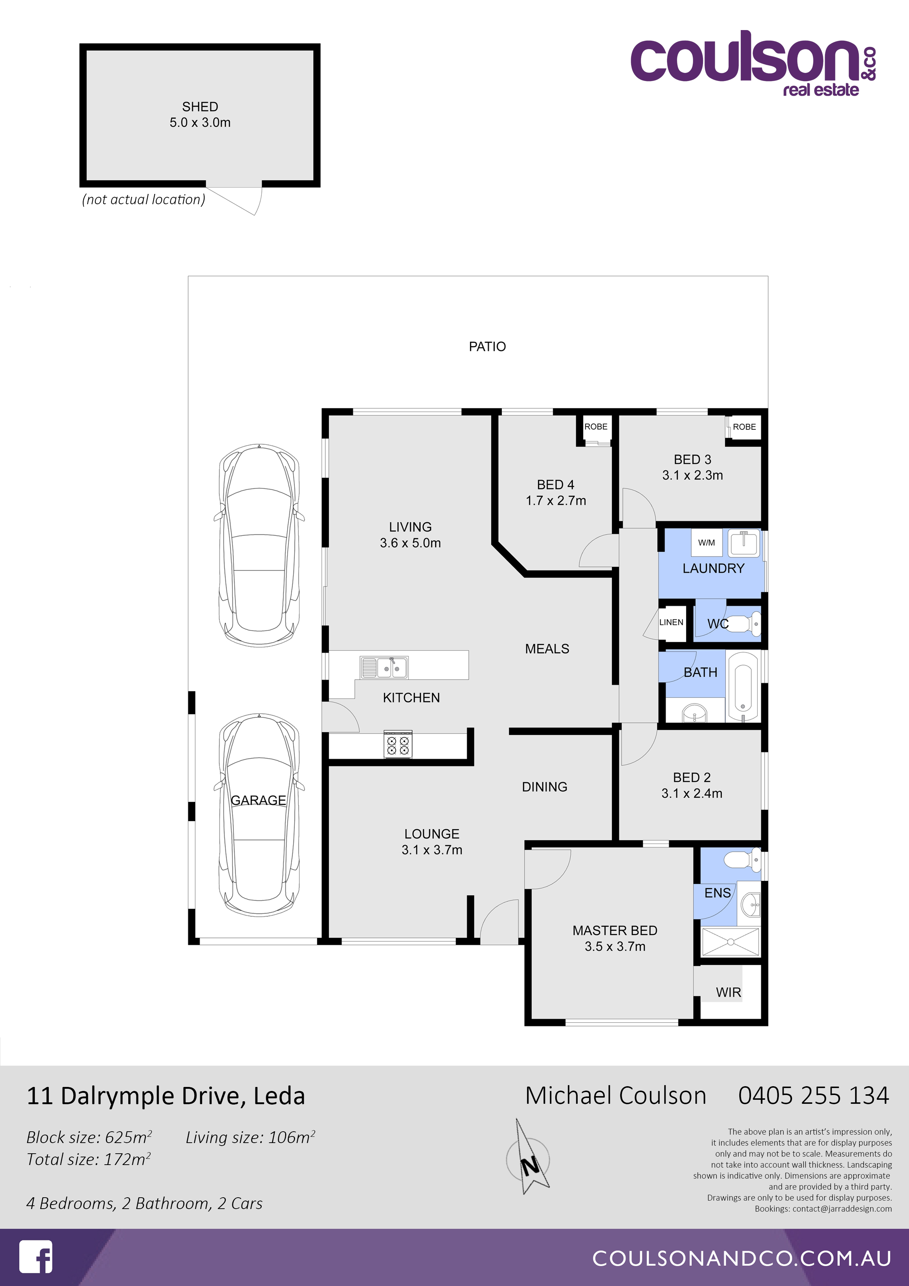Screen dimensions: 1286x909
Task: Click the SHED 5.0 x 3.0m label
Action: (x=200, y=114)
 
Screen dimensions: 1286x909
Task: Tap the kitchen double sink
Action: (x=384, y=668)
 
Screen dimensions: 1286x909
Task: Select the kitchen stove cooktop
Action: (x=398, y=745)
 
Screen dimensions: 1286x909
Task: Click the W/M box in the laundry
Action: (x=706, y=542)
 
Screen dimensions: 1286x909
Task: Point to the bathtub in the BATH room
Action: (x=743, y=686)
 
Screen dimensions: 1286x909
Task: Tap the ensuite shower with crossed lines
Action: (x=730, y=941)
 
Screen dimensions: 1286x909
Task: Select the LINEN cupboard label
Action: (x=671, y=622)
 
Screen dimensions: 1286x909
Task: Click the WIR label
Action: (x=728, y=992)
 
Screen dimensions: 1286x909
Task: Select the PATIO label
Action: (x=487, y=347)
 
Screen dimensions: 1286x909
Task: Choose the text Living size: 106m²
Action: (x=250, y=1138)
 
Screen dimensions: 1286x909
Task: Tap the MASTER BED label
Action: (x=614, y=930)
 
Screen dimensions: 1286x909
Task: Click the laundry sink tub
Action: (x=744, y=542)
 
